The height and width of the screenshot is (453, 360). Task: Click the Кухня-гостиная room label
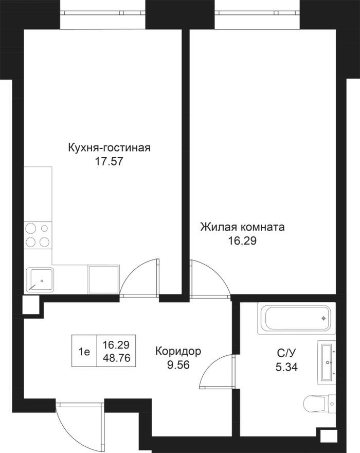click(x=109, y=148)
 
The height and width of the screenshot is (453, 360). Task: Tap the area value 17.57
click(x=109, y=161)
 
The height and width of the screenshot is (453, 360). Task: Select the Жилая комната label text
click(x=242, y=227)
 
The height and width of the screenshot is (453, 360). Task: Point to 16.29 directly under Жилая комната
click(x=242, y=240)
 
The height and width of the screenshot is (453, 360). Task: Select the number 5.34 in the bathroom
click(x=286, y=367)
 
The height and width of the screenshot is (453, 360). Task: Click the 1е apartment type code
click(x=84, y=352)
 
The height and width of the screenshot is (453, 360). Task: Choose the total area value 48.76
click(x=115, y=359)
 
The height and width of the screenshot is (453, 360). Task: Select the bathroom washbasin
click(x=327, y=362)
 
